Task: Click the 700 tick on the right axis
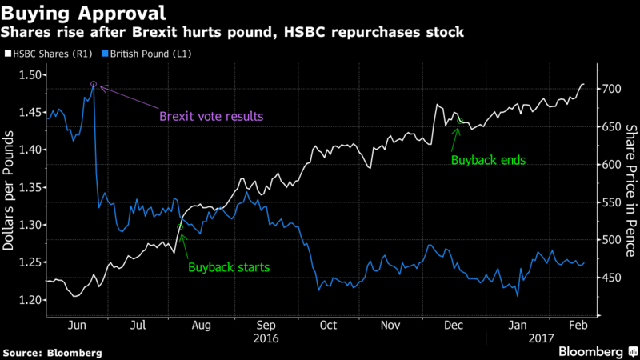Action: (612, 89)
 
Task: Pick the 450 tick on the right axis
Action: (612, 278)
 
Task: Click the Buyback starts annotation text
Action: (229, 266)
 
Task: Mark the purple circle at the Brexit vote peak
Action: (94, 84)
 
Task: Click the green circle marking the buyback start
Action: (179, 227)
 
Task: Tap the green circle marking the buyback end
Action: (460, 122)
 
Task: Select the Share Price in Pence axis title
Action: (630, 191)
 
